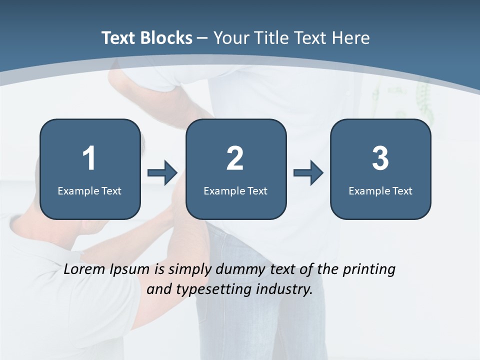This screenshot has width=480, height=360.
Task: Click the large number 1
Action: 89,158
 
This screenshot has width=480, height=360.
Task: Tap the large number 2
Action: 235,158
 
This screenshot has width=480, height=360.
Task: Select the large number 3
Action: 380,158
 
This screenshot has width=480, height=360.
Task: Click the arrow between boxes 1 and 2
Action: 162,173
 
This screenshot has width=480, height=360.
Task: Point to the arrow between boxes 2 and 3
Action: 308,173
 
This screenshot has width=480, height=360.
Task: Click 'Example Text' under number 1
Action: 89,190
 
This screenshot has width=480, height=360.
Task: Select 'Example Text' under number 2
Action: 235,190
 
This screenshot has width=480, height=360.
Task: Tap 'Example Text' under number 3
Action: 380,190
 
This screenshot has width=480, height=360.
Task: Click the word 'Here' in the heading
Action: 352,38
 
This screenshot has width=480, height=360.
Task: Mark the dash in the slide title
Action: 202,38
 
